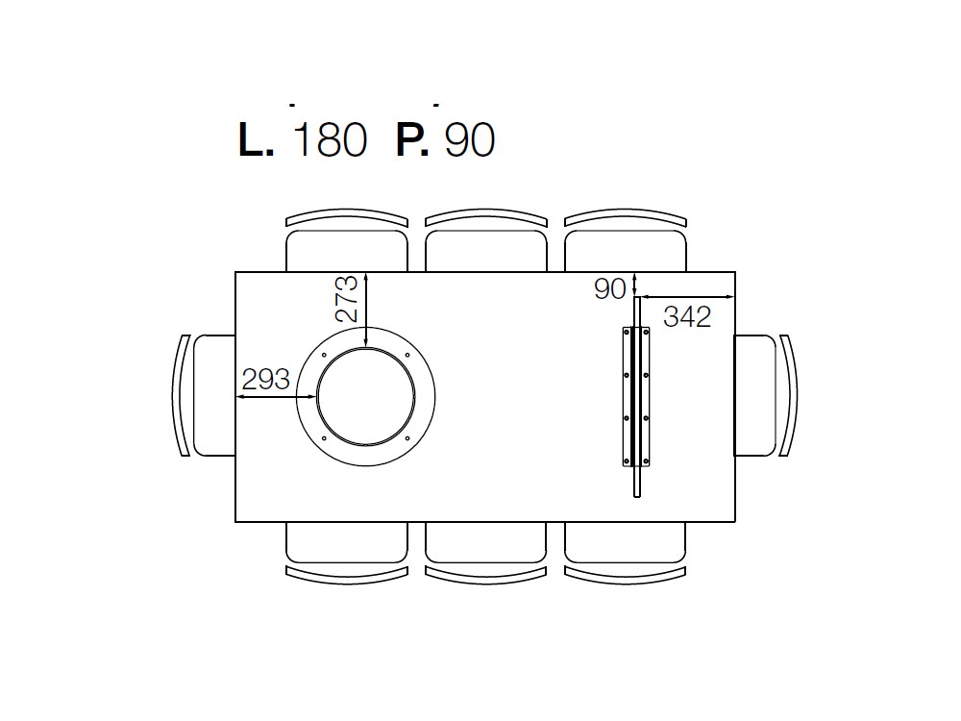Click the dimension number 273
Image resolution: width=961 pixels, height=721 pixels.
click(x=346, y=299)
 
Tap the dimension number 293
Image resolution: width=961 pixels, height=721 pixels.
click(x=265, y=380)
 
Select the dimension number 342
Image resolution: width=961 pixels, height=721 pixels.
click(x=687, y=317)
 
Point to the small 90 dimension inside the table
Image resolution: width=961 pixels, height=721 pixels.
click(x=610, y=288)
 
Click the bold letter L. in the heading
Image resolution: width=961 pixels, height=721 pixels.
click(x=256, y=140)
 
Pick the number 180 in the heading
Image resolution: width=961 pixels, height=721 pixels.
click(x=331, y=140)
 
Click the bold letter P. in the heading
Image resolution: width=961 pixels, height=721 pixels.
click(x=412, y=140)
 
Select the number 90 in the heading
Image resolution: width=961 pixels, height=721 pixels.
click(x=470, y=140)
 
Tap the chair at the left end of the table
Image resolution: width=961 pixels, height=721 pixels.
click(x=204, y=395)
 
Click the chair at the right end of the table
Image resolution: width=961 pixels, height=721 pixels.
click(x=766, y=395)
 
